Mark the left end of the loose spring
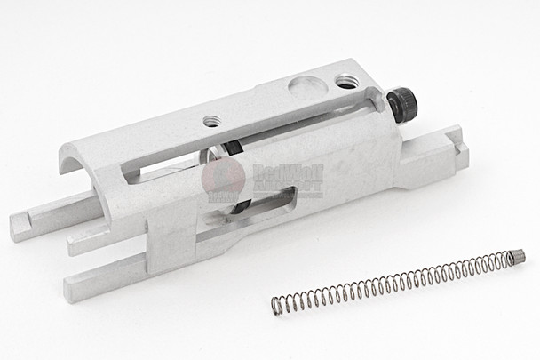pos(277,307)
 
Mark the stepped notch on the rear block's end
pos(458,138)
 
